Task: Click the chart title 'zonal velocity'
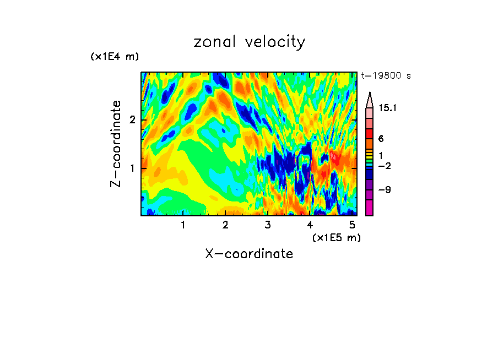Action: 249,42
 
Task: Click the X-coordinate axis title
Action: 249,254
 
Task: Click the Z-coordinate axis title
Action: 116,144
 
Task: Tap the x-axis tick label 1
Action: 183,225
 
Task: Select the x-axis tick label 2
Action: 225,225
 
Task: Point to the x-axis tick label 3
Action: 268,225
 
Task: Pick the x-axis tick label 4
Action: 310,225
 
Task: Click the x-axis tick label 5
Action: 353,225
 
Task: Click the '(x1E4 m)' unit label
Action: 115,57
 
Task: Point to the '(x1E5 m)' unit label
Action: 336,237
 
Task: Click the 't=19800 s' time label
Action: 386,76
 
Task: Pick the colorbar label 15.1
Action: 388,108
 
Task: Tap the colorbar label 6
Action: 381,139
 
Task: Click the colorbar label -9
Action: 384,190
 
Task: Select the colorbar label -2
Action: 384,166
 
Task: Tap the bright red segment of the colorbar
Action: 370,134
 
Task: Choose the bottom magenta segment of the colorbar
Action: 370,208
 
